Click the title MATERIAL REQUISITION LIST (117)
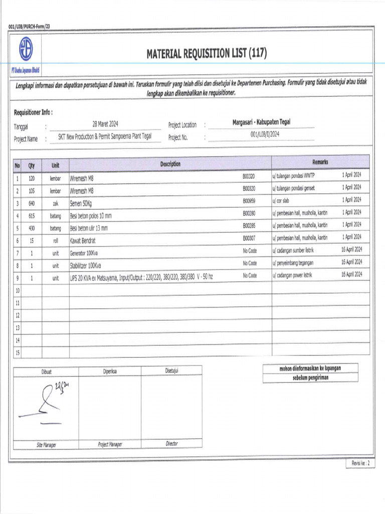tap(207, 54)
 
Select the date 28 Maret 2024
tap(105, 123)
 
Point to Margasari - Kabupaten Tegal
tap(262, 122)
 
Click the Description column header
tap(170, 164)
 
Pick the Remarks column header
tap(320, 162)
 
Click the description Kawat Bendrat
tap(86, 240)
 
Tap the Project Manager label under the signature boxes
tap(110, 444)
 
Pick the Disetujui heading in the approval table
tap(171, 371)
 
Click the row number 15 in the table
tap(18, 353)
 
